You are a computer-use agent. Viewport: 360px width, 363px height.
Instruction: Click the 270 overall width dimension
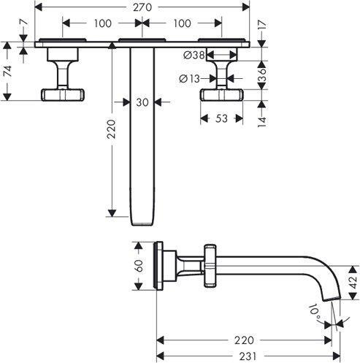[142, 7]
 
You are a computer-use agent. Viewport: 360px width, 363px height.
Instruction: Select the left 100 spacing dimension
[103, 23]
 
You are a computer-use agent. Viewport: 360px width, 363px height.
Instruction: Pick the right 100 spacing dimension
[182, 23]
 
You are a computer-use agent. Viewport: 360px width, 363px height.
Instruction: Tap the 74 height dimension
[8, 71]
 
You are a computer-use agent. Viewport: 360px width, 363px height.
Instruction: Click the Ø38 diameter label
[194, 56]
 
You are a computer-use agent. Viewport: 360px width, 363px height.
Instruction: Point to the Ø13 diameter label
[189, 79]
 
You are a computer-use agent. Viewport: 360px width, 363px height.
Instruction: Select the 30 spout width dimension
[142, 102]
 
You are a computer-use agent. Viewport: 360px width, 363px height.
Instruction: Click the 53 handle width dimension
[221, 118]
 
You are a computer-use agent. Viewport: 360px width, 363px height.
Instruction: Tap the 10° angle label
[315, 312]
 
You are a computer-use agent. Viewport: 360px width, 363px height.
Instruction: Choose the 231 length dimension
[248, 356]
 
